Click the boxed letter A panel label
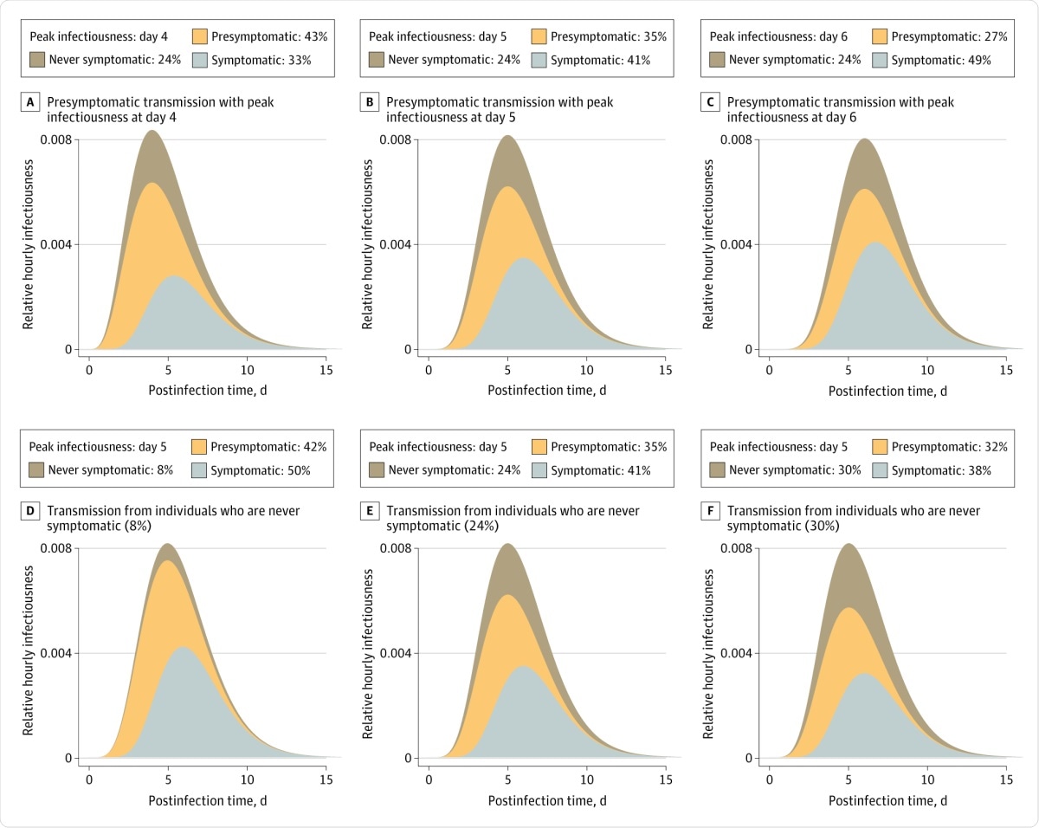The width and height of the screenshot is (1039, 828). [30, 102]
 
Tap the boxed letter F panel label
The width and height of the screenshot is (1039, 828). [710, 511]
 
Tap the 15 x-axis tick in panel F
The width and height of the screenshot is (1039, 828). [1005, 777]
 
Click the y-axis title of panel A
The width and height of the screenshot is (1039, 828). [29, 244]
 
